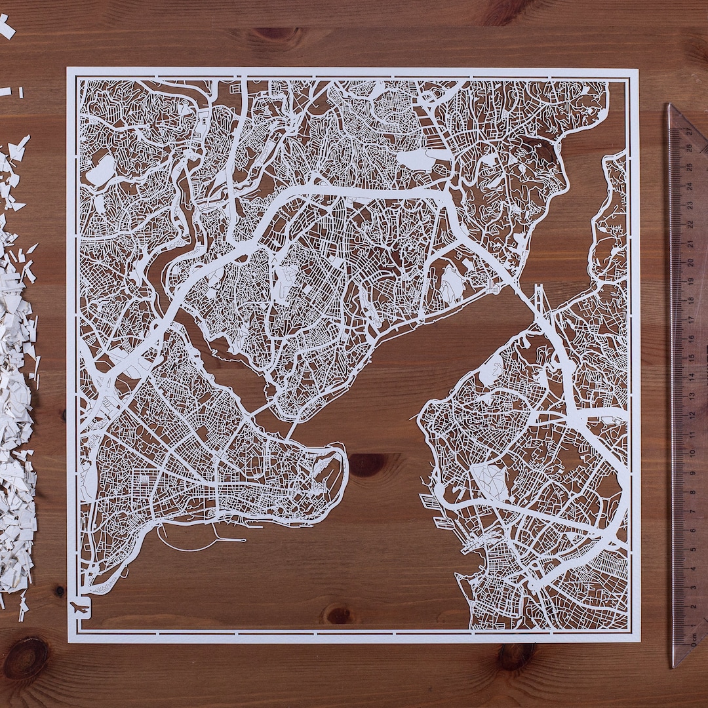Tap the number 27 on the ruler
coord(688,131)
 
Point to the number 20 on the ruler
coord(690,262)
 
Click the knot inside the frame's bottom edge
coord(339,615)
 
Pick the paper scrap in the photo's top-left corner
coord(6,28)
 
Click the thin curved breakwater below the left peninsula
coord(190,544)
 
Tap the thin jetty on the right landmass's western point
coord(414,417)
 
